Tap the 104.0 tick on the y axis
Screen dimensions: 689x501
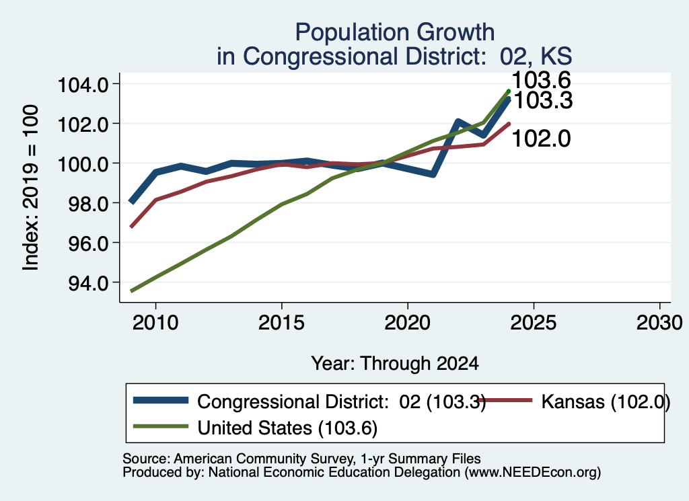(x=83, y=84)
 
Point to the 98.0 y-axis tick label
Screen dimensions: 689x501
(x=88, y=204)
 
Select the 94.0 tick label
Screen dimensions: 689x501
(x=88, y=283)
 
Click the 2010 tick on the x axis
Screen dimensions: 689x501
(x=155, y=323)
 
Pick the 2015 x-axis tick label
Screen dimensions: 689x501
(x=281, y=323)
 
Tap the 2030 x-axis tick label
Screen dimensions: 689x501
(x=659, y=323)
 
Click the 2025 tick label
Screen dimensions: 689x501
(x=534, y=323)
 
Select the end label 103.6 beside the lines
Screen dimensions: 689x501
(x=542, y=80)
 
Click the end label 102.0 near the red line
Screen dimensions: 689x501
(x=542, y=139)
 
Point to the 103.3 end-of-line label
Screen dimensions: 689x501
(x=544, y=101)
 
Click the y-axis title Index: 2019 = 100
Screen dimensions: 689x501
(x=31, y=188)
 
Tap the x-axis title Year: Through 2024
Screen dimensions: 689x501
(x=394, y=364)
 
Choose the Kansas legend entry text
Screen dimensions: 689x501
(x=606, y=401)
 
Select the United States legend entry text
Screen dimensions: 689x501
(x=287, y=428)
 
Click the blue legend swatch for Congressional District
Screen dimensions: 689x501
(x=161, y=400)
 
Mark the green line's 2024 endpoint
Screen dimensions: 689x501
(x=509, y=91)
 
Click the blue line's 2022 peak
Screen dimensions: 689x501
(x=458, y=122)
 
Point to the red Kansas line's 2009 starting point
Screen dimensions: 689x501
(x=131, y=227)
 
